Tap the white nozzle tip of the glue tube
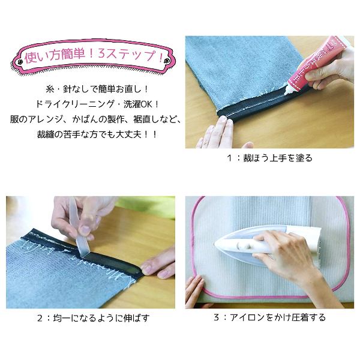coord(286,93)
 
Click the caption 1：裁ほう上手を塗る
coord(269,158)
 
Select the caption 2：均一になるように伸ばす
coord(94,318)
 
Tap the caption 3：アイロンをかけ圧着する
coord(270,317)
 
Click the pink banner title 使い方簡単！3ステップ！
coord(94,56)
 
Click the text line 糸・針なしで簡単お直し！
coord(97,89)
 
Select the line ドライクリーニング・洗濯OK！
coord(97,104)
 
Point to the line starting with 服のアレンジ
coord(96,119)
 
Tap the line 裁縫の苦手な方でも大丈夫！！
coord(97,134)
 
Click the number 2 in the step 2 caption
coord(40,319)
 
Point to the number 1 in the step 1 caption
coord(229,158)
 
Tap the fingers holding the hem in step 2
coord(158,264)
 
